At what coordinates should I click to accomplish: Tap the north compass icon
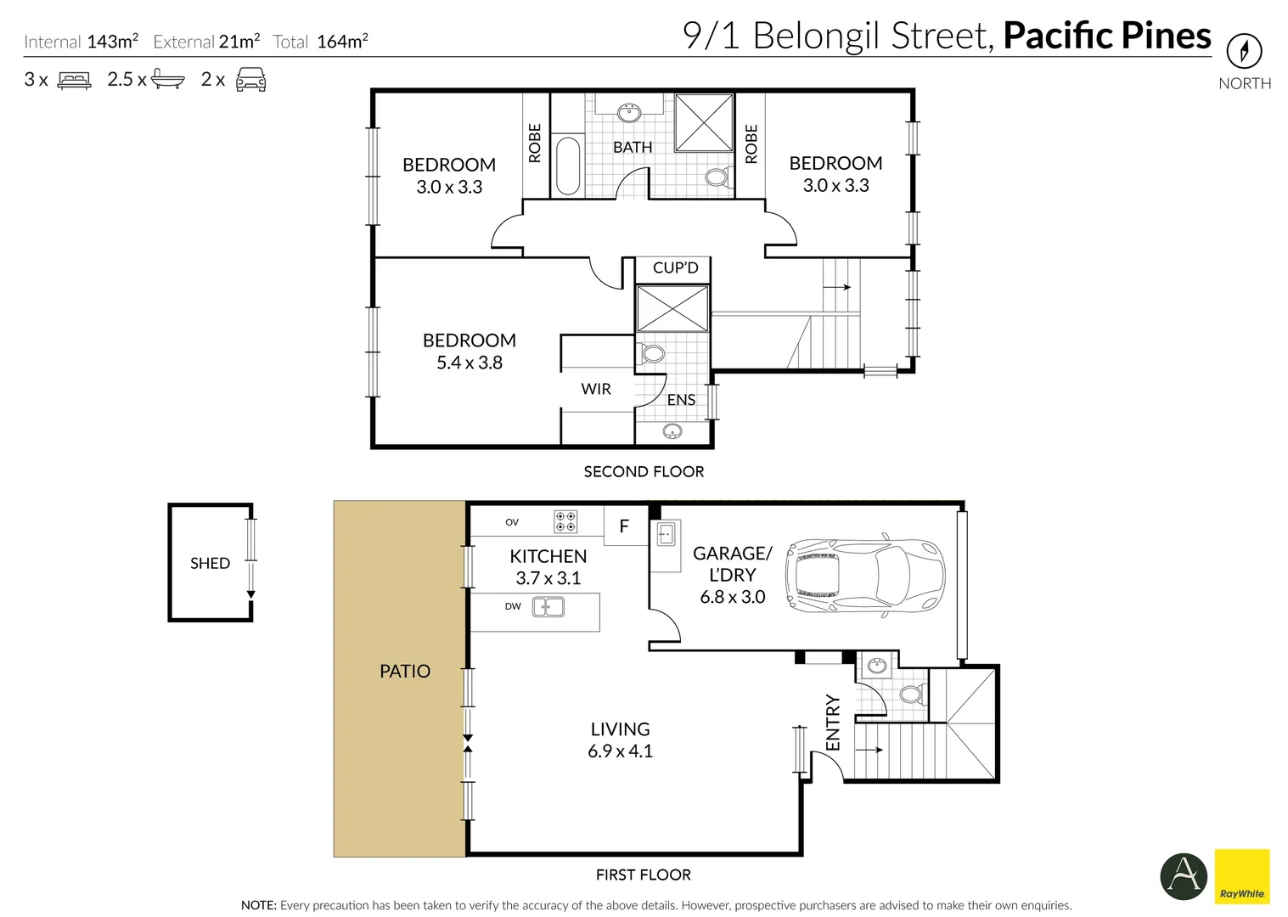coord(1244,52)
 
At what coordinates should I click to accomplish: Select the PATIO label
coord(404,671)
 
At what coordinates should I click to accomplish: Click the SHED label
coord(210,563)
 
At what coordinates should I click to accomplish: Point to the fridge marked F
coord(624,526)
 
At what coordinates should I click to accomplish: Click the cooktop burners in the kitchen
coord(565,521)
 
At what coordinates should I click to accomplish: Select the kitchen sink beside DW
coord(548,607)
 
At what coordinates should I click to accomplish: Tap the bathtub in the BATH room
coord(566,166)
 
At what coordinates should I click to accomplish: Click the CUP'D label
coord(675,267)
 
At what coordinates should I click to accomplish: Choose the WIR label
coord(595,389)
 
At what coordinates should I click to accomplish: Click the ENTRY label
coord(832,723)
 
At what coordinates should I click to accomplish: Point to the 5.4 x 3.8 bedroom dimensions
coord(469,363)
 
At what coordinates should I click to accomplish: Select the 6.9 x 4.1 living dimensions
coord(620,751)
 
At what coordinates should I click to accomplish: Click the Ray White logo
coord(1241,876)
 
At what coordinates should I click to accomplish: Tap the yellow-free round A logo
coord(1184,876)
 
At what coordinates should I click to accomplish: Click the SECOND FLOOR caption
coord(644,471)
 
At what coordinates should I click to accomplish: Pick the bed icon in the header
coord(74,80)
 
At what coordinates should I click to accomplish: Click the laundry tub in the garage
coord(666,535)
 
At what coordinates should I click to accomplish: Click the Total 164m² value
coord(341,41)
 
